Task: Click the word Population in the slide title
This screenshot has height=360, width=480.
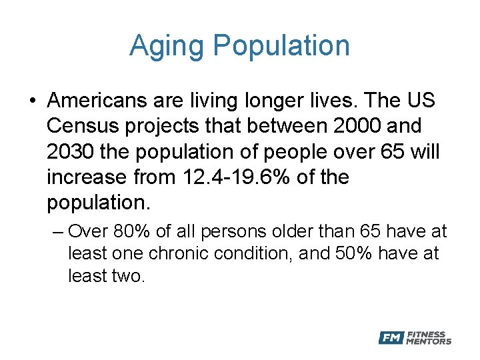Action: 281,47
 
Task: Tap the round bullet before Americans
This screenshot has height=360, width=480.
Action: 33,102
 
